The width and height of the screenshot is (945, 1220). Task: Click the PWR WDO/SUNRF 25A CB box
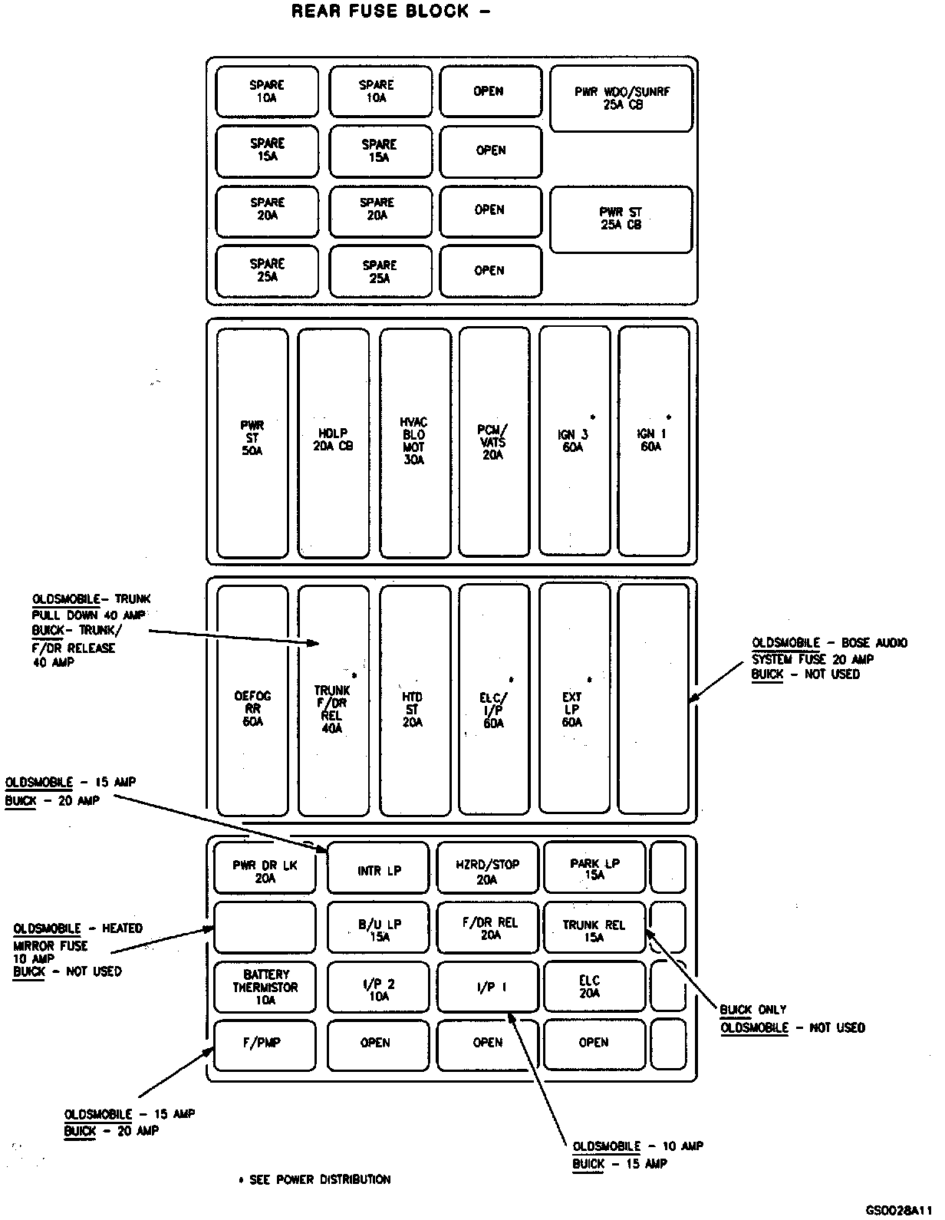click(621, 98)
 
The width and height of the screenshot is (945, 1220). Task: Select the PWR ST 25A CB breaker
click(621, 219)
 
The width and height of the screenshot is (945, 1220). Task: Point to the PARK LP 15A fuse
click(594, 868)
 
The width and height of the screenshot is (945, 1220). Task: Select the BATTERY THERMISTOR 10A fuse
click(265, 987)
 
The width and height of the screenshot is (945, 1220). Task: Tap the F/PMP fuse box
click(265, 1044)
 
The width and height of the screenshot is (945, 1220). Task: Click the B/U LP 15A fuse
click(379, 929)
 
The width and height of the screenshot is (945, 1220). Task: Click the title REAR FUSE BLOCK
click(390, 12)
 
